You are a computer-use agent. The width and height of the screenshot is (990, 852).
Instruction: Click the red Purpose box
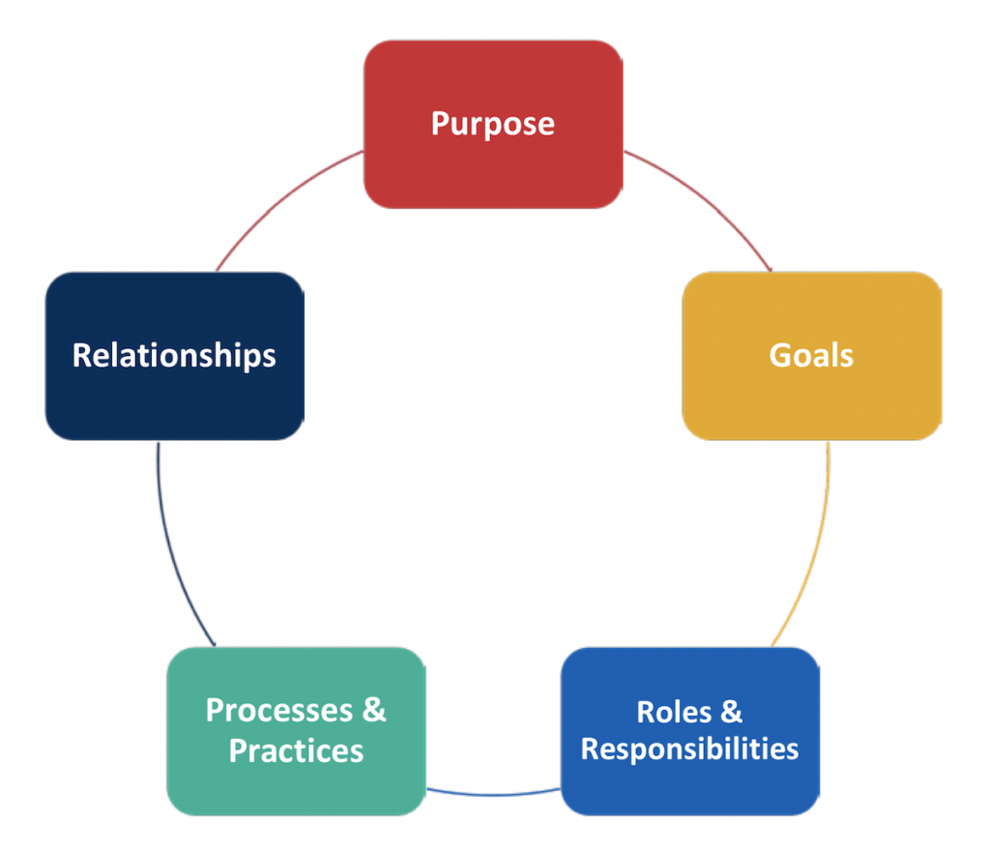[x=493, y=125]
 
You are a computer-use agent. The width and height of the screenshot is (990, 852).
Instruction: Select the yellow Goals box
[x=812, y=356]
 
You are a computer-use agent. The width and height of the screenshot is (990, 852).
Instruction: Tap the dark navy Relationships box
[x=175, y=356]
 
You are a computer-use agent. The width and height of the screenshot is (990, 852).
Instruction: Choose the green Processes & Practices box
[x=296, y=731]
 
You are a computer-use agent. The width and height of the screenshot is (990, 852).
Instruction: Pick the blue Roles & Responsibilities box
[x=690, y=731]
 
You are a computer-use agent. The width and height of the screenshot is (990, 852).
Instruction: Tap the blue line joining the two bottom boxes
[x=493, y=794]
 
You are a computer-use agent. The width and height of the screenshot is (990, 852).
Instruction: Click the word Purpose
[x=493, y=124]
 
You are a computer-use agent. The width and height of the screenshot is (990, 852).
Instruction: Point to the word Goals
[x=811, y=355]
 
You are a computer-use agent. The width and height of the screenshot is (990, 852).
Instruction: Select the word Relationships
[x=174, y=356]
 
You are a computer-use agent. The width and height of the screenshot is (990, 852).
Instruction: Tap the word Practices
[x=296, y=750]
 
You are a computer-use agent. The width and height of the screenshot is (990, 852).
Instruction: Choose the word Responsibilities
[x=689, y=749]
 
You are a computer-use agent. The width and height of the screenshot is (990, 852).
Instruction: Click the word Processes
[x=279, y=711]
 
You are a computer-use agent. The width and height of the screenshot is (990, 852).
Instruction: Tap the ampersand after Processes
[x=374, y=710]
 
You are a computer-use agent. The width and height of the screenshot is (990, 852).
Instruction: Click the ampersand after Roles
[x=731, y=712]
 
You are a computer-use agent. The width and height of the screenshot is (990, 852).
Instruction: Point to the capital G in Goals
[x=780, y=355]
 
